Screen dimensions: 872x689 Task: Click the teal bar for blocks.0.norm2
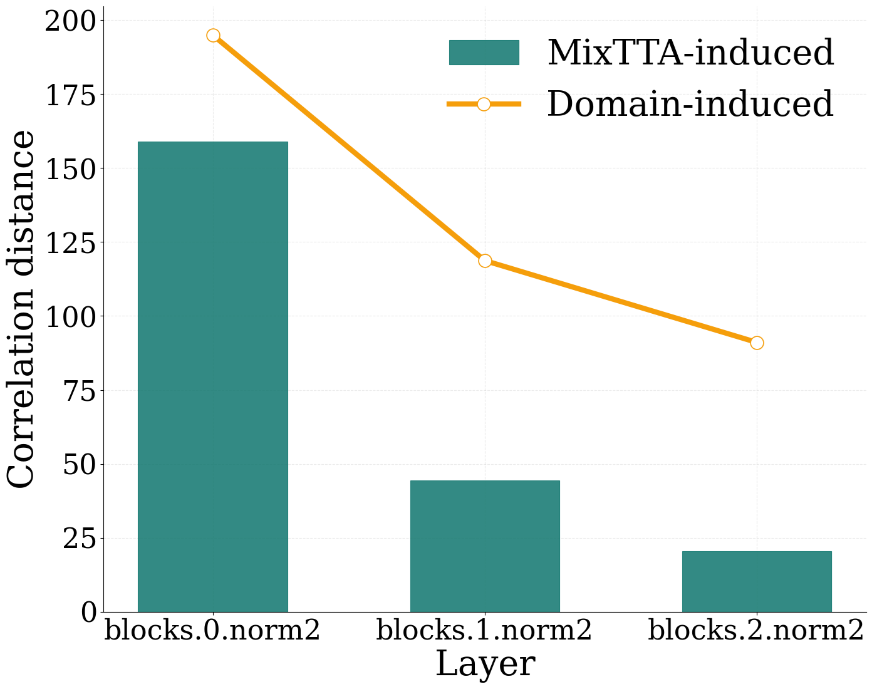coord(213,376)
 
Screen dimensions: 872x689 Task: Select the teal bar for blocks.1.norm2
coord(485,546)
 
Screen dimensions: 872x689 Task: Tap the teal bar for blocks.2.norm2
coord(757,581)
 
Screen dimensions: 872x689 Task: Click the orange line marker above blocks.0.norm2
coord(213,36)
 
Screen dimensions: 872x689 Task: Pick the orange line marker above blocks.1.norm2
coord(485,261)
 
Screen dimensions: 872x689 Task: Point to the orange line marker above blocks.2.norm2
coord(757,343)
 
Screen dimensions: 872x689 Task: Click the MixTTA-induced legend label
coord(690,53)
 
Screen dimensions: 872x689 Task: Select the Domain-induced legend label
coord(690,104)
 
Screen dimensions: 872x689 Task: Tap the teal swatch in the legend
coord(484,52)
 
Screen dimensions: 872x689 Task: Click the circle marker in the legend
coord(484,104)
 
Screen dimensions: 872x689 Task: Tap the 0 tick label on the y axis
coord(89,613)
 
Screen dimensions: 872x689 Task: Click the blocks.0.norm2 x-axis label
coord(213,631)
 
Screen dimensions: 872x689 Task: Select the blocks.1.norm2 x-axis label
coord(485,631)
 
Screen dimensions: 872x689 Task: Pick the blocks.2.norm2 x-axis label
coord(757,631)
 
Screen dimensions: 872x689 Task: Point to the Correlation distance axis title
coord(20,309)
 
